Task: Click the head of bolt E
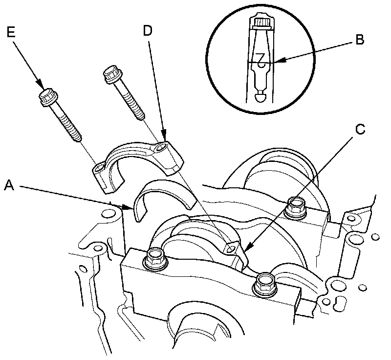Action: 47,97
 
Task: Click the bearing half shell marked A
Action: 161,196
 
